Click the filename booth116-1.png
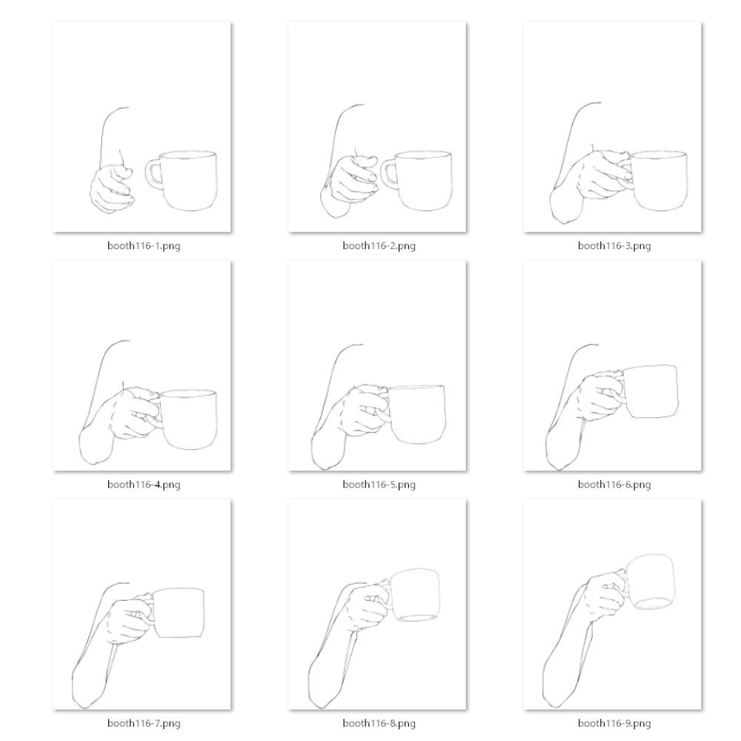click(143, 246)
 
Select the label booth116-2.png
click(379, 246)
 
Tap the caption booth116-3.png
click(614, 246)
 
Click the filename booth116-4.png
click(143, 485)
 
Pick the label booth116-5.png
click(379, 485)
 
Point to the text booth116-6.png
click(614, 485)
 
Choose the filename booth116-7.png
click(143, 723)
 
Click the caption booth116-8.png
click(379, 723)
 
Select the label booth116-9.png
click(614, 723)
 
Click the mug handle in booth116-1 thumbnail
click(152, 173)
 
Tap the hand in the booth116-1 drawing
click(111, 189)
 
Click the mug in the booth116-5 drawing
click(416, 415)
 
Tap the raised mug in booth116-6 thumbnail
click(651, 391)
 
